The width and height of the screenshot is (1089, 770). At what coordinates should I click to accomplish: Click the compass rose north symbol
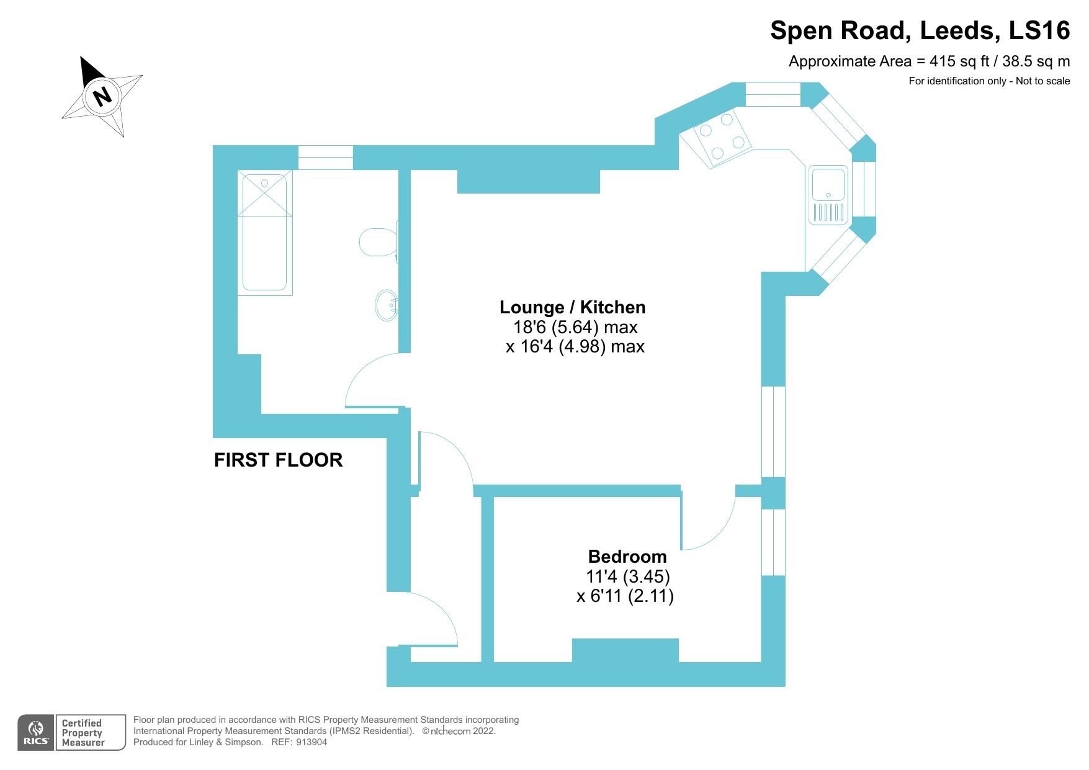click(102, 96)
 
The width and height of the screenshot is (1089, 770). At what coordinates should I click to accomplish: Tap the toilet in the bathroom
click(378, 242)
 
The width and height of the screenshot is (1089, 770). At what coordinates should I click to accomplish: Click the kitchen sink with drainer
click(828, 194)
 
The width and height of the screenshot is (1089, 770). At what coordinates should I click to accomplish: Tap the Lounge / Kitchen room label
click(572, 307)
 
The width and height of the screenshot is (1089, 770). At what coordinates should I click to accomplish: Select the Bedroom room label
click(627, 557)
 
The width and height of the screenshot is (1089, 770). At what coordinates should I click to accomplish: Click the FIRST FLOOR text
click(278, 460)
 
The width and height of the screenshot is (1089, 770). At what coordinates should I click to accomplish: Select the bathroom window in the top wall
click(325, 158)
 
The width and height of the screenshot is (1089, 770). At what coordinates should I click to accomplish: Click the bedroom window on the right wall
click(773, 542)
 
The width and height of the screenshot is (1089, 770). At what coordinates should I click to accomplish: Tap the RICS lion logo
click(36, 733)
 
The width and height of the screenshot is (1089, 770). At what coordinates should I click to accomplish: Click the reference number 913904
click(311, 742)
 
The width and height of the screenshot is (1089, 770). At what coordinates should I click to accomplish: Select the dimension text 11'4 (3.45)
click(627, 576)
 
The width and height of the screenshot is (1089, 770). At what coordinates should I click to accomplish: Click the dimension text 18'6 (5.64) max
click(575, 327)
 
